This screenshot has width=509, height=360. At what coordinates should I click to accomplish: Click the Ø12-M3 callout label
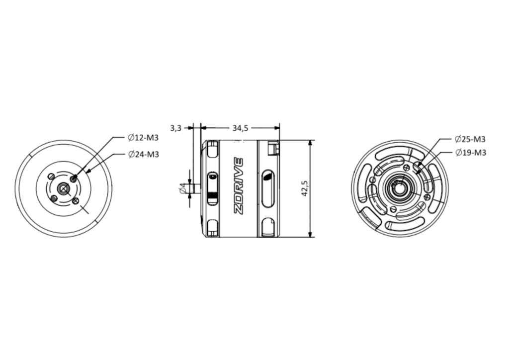pyautogui.click(x=143, y=138)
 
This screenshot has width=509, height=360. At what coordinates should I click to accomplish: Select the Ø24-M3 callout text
pyautogui.click(x=144, y=155)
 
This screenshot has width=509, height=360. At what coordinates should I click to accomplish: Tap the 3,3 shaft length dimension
pyautogui.click(x=175, y=128)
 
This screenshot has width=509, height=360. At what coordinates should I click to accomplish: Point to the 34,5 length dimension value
pyautogui.click(x=240, y=128)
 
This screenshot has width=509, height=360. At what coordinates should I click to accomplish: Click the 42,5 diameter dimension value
pyautogui.click(x=305, y=188)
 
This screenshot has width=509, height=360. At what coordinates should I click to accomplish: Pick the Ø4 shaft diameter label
pyautogui.click(x=182, y=188)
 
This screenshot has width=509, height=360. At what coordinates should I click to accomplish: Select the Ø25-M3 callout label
pyautogui.click(x=470, y=139)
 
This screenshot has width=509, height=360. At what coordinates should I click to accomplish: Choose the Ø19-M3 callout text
pyautogui.click(x=471, y=152)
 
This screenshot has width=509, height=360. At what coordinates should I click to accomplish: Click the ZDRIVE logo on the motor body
pyautogui.click(x=239, y=185)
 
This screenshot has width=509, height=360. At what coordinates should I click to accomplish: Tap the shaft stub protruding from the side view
pyautogui.click(x=197, y=188)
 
